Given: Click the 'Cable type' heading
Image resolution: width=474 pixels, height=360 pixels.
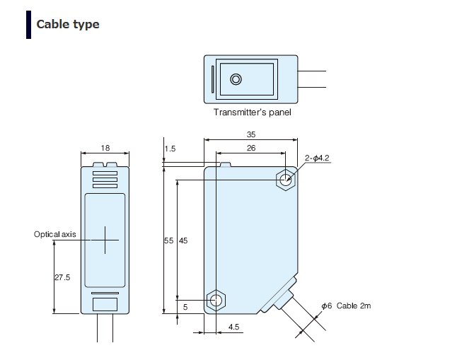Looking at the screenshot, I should pyautogui.click(x=68, y=24).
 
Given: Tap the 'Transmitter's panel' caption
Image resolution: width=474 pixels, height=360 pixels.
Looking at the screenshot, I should pyautogui.click(x=252, y=112).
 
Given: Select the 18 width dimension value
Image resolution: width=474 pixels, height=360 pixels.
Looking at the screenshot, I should pyautogui.click(x=105, y=148).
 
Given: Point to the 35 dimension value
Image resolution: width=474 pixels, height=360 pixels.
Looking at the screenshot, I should pyautogui.click(x=250, y=134).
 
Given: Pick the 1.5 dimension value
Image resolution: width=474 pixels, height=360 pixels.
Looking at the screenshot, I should pyautogui.click(x=170, y=149).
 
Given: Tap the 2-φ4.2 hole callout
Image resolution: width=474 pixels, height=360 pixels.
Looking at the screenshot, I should pyautogui.click(x=318, y=158).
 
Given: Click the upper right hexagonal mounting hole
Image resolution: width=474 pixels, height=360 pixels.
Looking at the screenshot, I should pyautogui.click(x=285, y=180).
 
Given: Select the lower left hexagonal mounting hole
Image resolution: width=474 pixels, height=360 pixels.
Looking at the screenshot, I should pyautogui.click(x=215, y=300).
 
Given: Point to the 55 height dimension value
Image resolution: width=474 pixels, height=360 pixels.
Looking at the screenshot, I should pyautogui.click(x=168, y=241).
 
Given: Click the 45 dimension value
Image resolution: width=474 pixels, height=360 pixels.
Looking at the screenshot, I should pyautogui.click(x=183, y=241).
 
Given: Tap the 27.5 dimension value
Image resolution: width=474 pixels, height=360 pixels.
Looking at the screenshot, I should pyautogui.click(x=62, y=278).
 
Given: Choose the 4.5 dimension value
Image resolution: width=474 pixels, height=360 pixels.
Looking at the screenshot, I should pyautogui.click(x=234, y=327).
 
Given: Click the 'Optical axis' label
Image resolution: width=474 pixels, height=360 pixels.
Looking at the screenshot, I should pyautogui.click(x=54, y=234).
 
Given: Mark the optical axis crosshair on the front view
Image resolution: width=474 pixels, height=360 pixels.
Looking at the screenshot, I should pyautogui.click(x=105, y=240).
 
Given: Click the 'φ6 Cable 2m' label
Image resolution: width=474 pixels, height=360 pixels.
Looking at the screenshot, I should pyautogui.click(x=346, y=306).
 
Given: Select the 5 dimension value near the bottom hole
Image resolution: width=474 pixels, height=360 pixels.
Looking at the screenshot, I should pyautogui.click(x=185, y=307).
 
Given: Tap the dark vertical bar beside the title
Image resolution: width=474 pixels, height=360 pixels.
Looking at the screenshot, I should pyautogui.click(x=29, y=24).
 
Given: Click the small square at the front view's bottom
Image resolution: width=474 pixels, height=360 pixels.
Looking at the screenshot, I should pyautogui.click(x=105, y=304).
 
